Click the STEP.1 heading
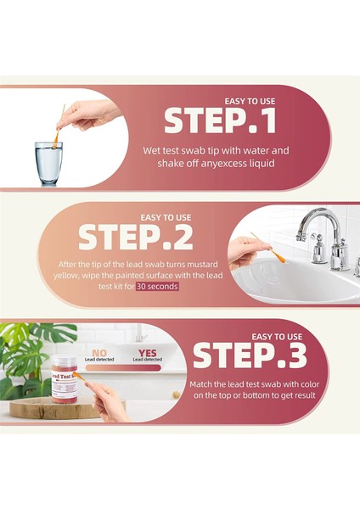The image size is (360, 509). (x=220, y=120)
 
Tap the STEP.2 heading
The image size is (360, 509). (x=136, y=238)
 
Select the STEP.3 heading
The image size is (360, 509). (x=250, y=355)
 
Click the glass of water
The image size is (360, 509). (x=48, y=163)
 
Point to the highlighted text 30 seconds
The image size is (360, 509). (x=157, y=287)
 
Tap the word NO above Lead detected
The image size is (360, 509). (x=99, y=353)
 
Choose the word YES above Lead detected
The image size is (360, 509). (x=147, y=353)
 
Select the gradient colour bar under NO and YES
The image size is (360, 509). (x=123, y=368)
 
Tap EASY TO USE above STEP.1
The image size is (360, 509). (x=250, y=101)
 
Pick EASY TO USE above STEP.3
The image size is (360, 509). (x=277, y=337)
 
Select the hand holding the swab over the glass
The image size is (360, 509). (x=87, y=115)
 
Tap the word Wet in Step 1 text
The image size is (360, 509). (x=151, y=151)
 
